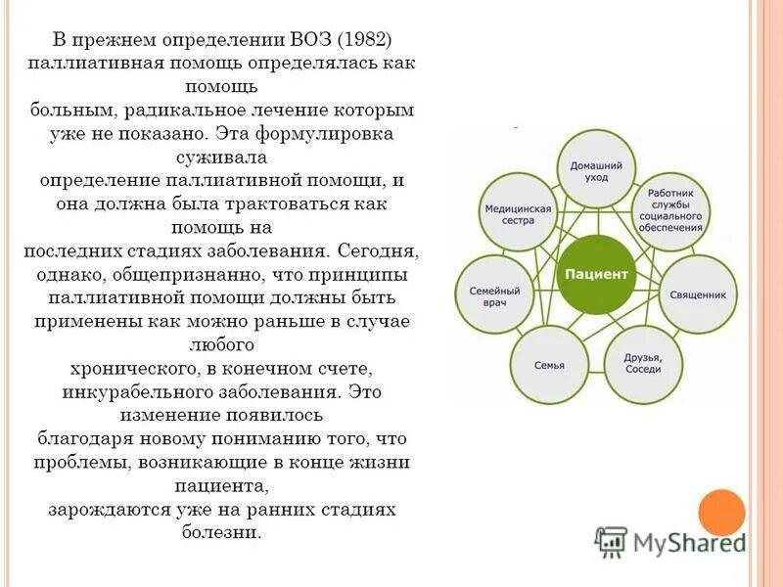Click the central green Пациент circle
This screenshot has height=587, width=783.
(593, 275)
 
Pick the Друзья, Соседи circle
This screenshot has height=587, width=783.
(642, 364)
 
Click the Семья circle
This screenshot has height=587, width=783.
(549, 365)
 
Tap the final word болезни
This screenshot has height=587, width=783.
(221, 533)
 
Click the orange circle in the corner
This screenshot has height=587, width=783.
(721, 512)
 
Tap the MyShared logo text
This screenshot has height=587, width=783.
(685, 541)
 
